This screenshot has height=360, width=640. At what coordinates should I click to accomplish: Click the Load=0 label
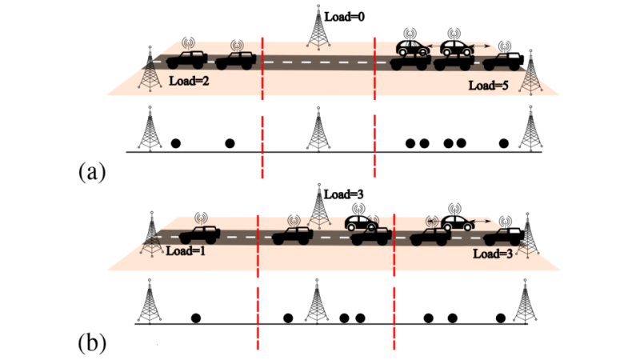coord(346,14)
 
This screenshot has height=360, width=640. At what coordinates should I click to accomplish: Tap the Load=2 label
coord(190,82)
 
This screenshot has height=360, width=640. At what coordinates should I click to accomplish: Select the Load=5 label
coord(488,84)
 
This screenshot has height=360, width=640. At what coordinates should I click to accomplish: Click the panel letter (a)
coord(93,170)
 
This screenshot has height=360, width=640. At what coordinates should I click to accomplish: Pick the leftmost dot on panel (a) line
coord(176,143)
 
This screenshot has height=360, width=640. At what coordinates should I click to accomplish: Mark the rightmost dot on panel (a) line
coord(503,143)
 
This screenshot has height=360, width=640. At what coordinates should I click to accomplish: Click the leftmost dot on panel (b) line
coord(196,318)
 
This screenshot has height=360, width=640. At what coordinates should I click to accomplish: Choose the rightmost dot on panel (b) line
coord(501,318)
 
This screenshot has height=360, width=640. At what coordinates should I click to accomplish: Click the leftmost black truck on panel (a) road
coord(187,59)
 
